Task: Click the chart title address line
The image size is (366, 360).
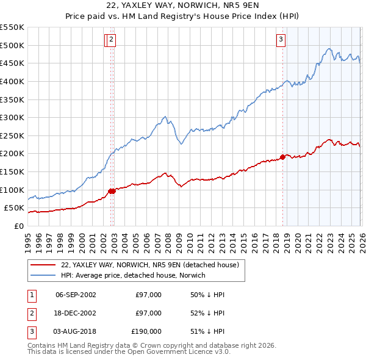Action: (x=183, y=5)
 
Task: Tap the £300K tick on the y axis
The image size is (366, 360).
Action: (x=12, y=117)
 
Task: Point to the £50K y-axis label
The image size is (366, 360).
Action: (x=14, y=208)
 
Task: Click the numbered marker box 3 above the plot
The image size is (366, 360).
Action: (x=281, y=40)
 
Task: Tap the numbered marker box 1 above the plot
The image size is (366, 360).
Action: (x=107, y=40)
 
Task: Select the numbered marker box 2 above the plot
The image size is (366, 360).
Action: (x=113, y=40)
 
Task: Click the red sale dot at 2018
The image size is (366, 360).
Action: (x=282, y=157)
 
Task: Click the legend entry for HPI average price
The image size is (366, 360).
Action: (x=132, y=275)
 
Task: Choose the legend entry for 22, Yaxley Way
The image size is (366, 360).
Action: (x=152, y=265)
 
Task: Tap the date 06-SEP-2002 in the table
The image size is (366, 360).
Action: (x=76, y=295)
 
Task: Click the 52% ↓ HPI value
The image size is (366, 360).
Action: (x=207, y=313)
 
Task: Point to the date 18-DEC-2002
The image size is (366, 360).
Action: (x=76, y=313)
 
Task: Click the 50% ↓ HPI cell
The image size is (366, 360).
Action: (x=207, y=295)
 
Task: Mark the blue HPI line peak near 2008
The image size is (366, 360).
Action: (x=165, y=116)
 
